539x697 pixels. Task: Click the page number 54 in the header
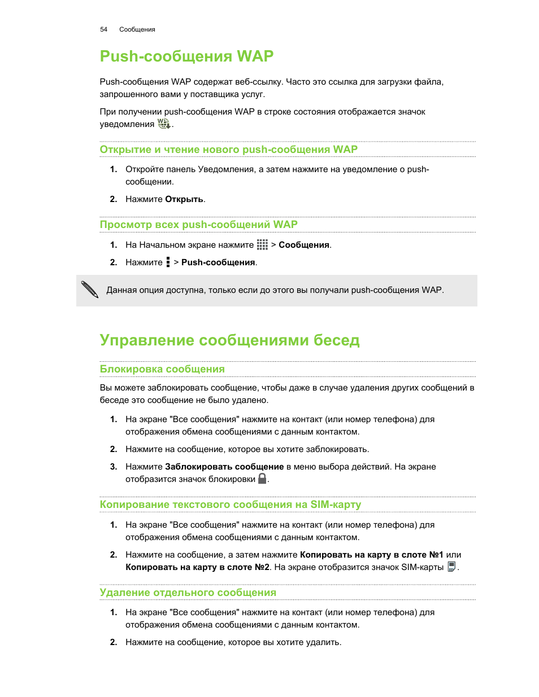[x=103, y=29]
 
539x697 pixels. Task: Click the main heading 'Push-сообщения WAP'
[x=186, y=56]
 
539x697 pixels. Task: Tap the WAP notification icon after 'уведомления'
[x=164, y=124]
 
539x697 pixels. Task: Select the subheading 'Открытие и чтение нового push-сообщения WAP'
[x=228, y=150]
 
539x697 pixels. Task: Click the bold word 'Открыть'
[x=184, y=199]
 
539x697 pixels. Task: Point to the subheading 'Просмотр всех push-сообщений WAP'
[x=198, y=225]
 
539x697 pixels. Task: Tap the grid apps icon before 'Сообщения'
[x=262, y=244]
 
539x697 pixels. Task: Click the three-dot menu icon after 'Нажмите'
[x=168, y=262]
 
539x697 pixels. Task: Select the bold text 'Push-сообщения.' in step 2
[x=219, y=262]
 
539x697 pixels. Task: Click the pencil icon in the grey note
[x=90, y=290]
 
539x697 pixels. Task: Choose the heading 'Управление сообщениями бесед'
[x=229, y=340]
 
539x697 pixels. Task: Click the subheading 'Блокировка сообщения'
[x=162, y=369]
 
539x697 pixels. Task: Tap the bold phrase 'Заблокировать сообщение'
[x=224, y=467]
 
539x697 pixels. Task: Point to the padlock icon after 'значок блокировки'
[x=262, y=479]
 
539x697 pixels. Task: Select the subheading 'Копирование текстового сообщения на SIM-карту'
[x=230, y=505]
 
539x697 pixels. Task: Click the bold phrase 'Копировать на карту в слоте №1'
[x=371, y=555]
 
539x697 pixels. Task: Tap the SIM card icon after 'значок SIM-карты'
[x=451, y=567]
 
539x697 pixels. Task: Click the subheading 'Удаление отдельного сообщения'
[x=188, y=593]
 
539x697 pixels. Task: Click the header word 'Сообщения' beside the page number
[x=137, y=29]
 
